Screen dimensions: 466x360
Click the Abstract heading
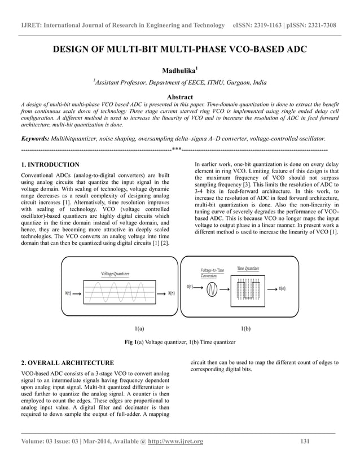tap(179, 97)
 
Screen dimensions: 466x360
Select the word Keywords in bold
tap(34, 138)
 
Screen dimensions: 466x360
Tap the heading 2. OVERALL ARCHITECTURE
tap(67, 362)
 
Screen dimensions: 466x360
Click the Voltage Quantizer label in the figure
tap(115, 274)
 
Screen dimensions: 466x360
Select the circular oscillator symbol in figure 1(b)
tap(213, 289)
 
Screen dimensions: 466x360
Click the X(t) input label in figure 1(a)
tap(68, 293)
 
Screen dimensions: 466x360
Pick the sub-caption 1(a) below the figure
tap(139, 328)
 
